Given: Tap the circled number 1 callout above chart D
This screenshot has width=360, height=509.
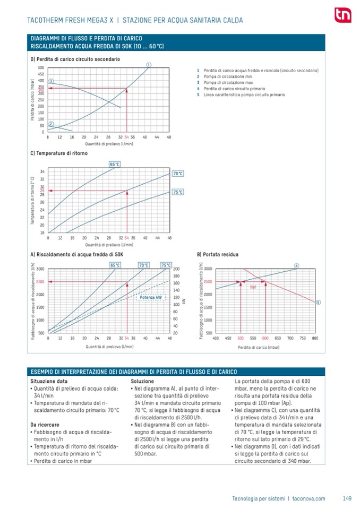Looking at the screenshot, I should (149, 65).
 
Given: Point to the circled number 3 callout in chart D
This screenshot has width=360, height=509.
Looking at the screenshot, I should (51, 81).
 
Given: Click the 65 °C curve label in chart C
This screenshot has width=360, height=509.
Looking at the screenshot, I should (115, 165).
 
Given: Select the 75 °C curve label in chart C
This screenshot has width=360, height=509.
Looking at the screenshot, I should (178, 192).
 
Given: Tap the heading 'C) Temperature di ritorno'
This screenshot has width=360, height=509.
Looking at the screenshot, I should (59, 153).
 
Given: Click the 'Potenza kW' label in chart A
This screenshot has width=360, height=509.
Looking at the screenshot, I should (151, 298).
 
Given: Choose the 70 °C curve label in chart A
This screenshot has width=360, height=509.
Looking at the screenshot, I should (143, 265).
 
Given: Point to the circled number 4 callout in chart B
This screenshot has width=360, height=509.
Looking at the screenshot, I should (296, 265).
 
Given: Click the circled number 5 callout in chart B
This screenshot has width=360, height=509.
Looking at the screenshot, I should (318, 302).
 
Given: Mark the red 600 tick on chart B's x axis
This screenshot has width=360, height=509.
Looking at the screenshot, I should (265, 338).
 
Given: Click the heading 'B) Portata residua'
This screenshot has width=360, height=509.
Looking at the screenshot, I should (218, 255).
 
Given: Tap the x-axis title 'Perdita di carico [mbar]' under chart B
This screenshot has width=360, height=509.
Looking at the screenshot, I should (259, 348).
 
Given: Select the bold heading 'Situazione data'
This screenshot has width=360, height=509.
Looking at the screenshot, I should (49, 381).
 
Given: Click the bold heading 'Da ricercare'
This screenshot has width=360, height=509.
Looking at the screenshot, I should (45, 425).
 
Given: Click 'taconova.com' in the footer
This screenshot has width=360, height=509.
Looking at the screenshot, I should (308, 498).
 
